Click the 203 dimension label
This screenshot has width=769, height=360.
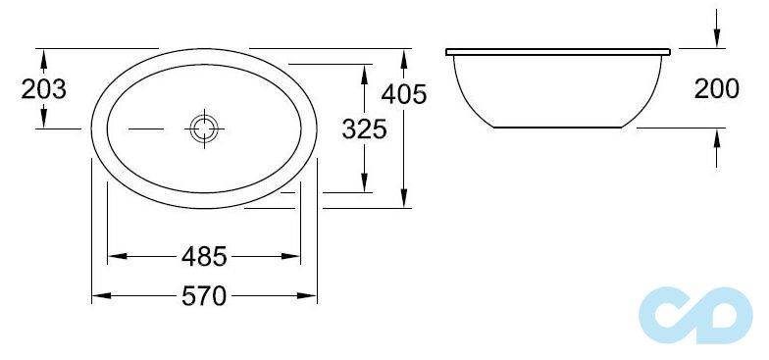[43, 89]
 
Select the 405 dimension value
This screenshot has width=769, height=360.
[404, 94]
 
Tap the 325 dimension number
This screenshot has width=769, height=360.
[365, 129]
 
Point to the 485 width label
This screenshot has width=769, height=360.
[204, 256]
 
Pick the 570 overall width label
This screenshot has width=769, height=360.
[204, 296]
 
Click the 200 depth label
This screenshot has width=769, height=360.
[716, 88]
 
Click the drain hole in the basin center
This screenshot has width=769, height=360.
[204, 129]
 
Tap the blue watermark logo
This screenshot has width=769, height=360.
[695, 315]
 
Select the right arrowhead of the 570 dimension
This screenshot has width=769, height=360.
[307, 296]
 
